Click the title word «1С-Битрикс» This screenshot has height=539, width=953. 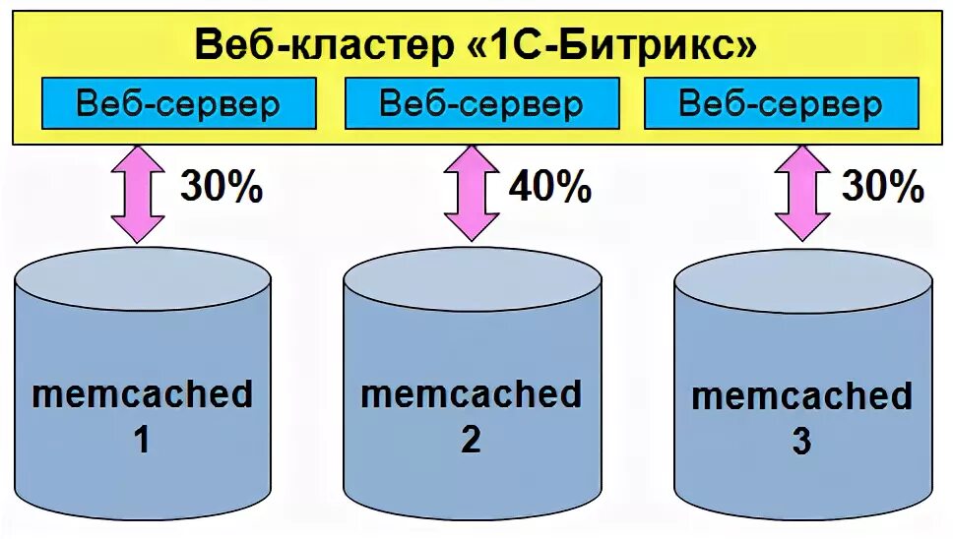click(x=611, y=45)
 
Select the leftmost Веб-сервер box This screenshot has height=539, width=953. click(x=178, y=104)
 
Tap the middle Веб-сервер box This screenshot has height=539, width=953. click(x=480, y=104)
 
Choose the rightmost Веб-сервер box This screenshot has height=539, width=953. click(x=781, y=104)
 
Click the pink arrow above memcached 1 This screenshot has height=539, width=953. click(x=138, y=194)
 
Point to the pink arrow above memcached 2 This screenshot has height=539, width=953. click(x=471, y=194)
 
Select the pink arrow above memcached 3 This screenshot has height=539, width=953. click(x=802, y=194)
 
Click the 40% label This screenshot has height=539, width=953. click(x=548, y=186)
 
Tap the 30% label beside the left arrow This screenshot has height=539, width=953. click(x=220, y=186)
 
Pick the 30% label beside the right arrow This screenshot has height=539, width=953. click(x=882, y=186)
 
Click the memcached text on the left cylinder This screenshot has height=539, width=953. click(x=143, y=394)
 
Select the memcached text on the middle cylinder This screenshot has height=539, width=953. click(x=472, y=394)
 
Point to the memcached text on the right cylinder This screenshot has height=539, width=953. click(x=802, y=397)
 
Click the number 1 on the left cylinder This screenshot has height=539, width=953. click(x=142, y=440)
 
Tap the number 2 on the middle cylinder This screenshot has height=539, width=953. click(x=472, y=440)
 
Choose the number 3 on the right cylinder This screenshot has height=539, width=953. click(x=801, y=443)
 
